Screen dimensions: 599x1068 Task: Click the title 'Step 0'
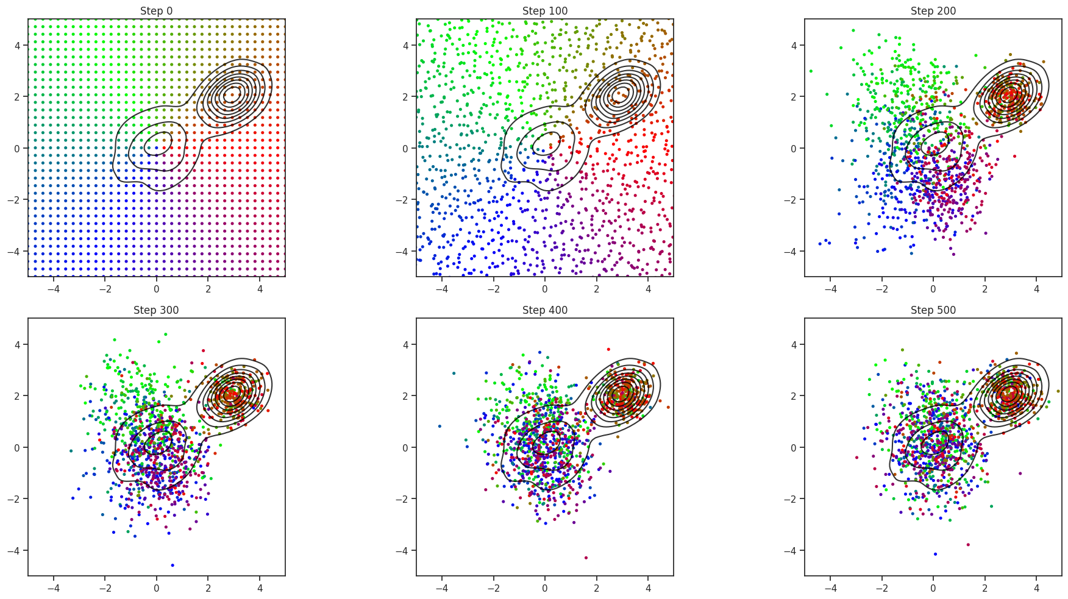click(x=156, y=11)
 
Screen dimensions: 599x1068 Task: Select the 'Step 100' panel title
click(x=544, y=11)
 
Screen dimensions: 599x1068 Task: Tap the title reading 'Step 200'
click(x=933, y=11)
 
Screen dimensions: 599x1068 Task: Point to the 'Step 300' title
click(x=156, y=310)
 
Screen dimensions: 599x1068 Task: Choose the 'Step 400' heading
click(x=544, y=310)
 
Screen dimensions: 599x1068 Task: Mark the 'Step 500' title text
click(x=933, y=310)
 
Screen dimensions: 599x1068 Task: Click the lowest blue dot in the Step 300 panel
click(x=173, y=565)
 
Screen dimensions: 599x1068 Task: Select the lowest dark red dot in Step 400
click(x=586, y=558)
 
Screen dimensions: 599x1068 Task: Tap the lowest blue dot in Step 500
click(x=935, y=554)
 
